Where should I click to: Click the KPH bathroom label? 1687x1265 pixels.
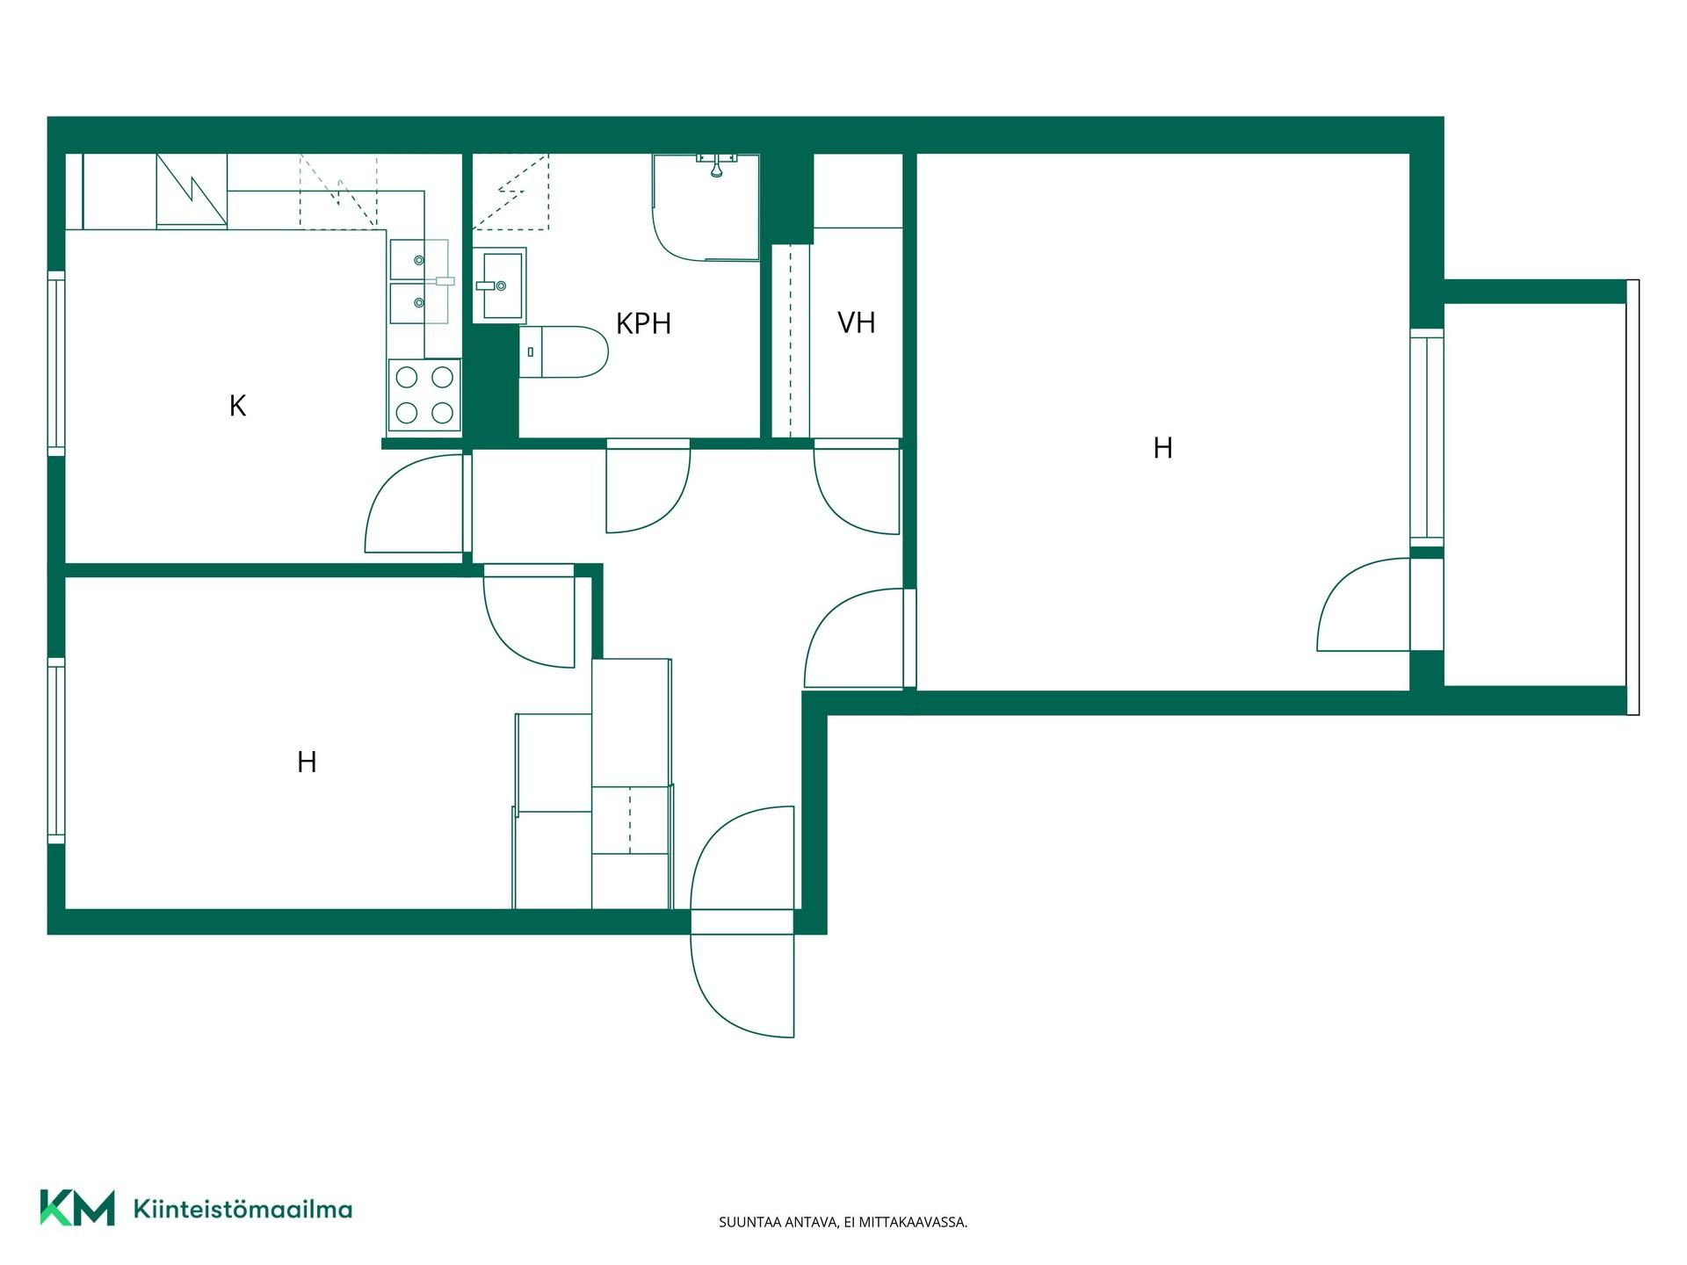pyautogui.click(x=643, y=323)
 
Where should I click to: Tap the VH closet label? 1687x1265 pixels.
pyautogui.click(x=856, y=322)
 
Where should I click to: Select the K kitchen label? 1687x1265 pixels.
pyautogui.click(x=237, y=405)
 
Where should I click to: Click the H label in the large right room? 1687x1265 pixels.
pyautogui.click(x=1162, y=448)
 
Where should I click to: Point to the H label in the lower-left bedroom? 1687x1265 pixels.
pyautogui.click(x=307, y=762)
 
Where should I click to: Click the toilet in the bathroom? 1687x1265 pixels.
pyautogui.click(x=563, y=351)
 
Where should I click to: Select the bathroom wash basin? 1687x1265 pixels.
pyautogui.click(x=499, y=286)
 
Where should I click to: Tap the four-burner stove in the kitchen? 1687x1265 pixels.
pyautogui.click(x=424, y=395)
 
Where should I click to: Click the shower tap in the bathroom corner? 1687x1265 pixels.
pyautogui.click(x=717, y=163)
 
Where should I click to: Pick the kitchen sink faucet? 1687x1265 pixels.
pyautogui.click(x=443, y=281)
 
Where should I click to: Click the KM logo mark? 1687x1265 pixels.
pyautogui.click(x=77, y=1207)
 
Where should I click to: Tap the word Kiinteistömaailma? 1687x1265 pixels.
pyautogui.click(x=243, y=1209)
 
